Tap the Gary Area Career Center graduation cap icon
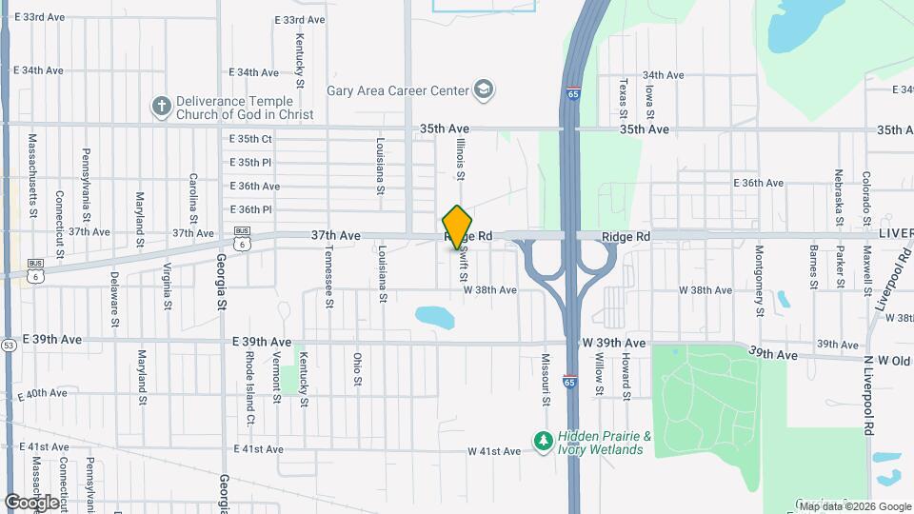click(485, 90)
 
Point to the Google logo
click(31, 502)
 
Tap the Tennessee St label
click(329, 277)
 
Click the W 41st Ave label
click(494, 451)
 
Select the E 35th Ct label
click(250, 139)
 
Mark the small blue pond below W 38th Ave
click(434, 315)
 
